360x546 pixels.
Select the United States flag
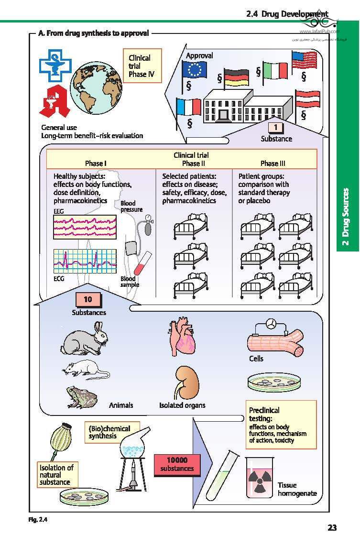tap(304, 60)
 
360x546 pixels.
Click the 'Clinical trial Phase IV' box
tap(142, 66)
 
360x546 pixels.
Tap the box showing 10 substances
tap(88, 300)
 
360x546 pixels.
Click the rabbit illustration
tap(85, 340)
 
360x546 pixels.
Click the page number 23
tap(332, 528)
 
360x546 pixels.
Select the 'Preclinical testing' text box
tap(282, 424)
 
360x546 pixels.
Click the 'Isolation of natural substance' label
tap(56, 475)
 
